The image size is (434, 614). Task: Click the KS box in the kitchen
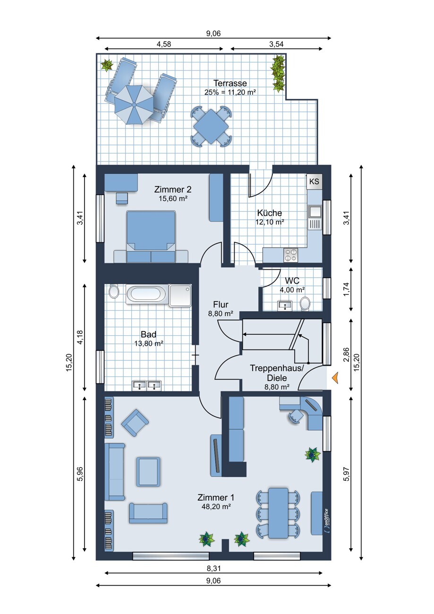tap(314, 181)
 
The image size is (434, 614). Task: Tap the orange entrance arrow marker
tap(335, 378)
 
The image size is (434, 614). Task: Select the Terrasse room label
tap(230, 83)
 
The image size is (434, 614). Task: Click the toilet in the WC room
tap(305, 304)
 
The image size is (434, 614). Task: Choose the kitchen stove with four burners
tap(290, 255)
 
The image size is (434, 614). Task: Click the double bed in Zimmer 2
tap(151, 236)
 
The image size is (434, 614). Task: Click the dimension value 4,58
tap(163, 44)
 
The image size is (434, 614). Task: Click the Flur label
tap(221, 305)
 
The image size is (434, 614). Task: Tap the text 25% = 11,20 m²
tap(230, 93)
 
